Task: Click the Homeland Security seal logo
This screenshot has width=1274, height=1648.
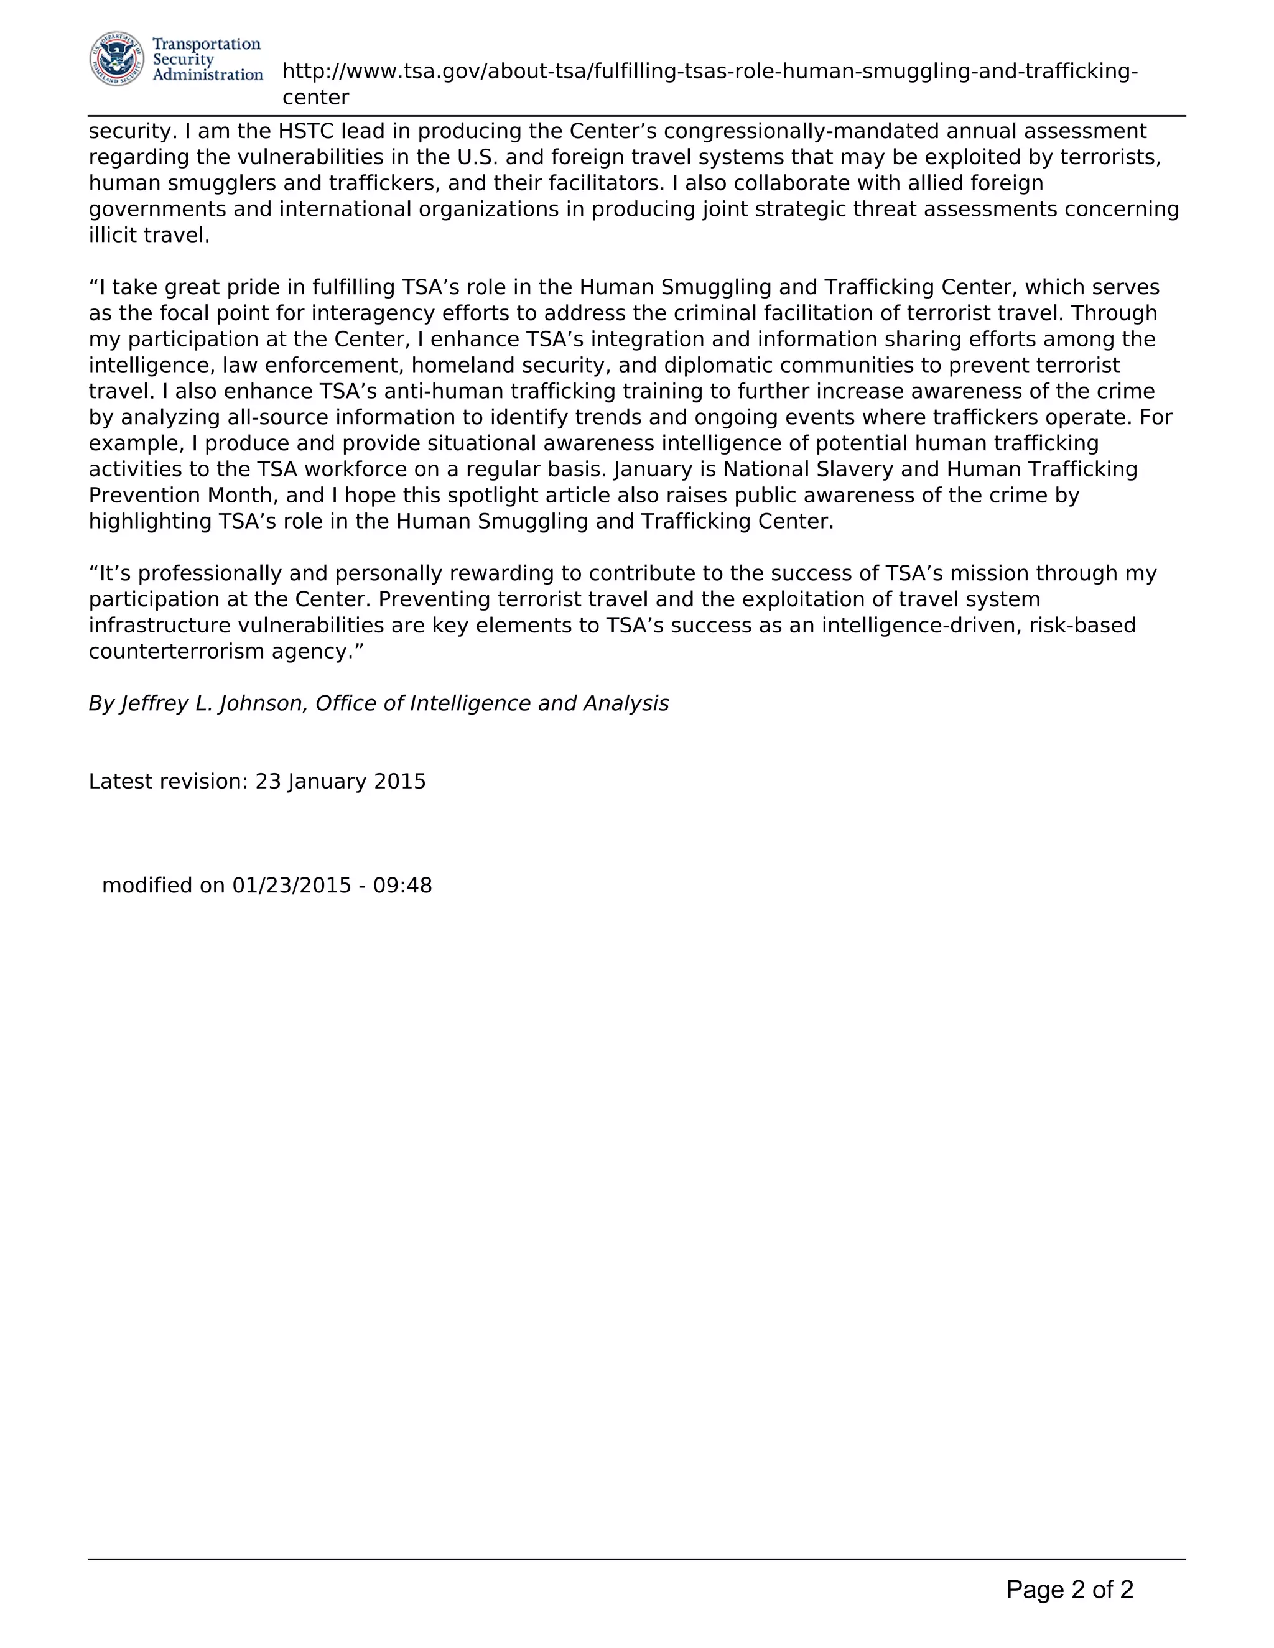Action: [x=117, y=59]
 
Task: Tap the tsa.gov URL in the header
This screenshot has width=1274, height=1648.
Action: [x=709, y=72]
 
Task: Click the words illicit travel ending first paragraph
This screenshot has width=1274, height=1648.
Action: [x=149, y=236]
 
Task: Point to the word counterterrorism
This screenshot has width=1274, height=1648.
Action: [x=177, y=651]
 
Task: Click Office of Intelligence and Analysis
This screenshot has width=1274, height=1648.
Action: [x=491, y=703]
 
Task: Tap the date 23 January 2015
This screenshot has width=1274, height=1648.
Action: [x=340, y=781]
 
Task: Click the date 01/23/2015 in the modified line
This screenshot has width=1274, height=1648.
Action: [x=291, y=885]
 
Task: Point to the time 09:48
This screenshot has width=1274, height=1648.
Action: [x=402, y=885]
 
